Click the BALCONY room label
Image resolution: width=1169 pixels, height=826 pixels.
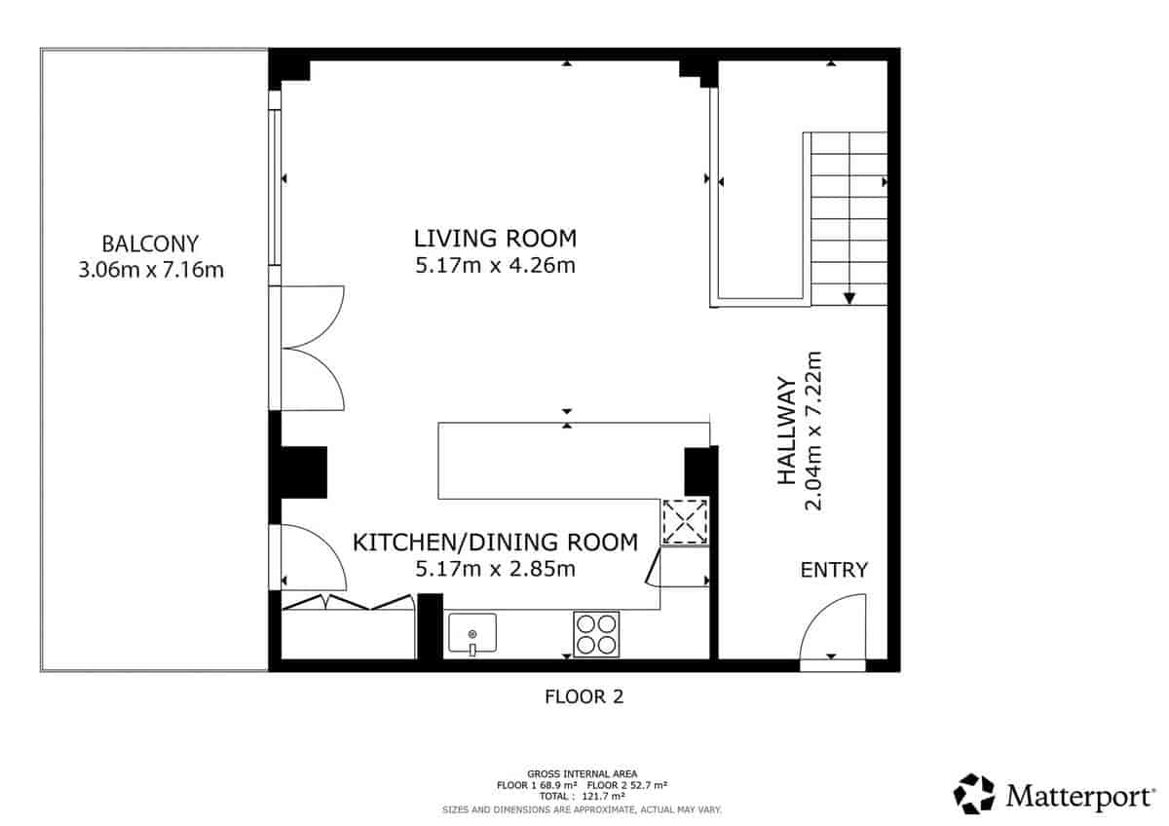click(150, 244)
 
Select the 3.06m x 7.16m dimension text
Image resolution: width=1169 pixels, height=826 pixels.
click(150, 270)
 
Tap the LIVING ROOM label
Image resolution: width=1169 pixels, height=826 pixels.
click(495, 238)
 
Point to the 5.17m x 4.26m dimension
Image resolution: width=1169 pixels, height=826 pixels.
click(495, 265)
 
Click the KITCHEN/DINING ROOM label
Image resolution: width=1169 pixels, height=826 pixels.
click(495, 543)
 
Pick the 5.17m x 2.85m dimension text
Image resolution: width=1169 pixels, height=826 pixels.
click(495, 569)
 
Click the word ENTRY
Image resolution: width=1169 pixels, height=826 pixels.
click(834, 571)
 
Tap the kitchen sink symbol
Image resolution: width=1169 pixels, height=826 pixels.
click(472, 634)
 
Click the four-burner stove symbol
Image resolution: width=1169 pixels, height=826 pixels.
click(596, 633)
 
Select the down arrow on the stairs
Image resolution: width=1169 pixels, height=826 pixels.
click(849, 297)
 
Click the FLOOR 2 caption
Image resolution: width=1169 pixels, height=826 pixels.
click(583, 697)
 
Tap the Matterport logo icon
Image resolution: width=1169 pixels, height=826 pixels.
click(973, 794)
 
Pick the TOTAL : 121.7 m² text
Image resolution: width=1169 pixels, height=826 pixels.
click(583, 796)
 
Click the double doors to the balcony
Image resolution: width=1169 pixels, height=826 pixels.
click(312, 348)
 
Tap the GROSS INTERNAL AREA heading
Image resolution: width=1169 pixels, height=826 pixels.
click(583, 773)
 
